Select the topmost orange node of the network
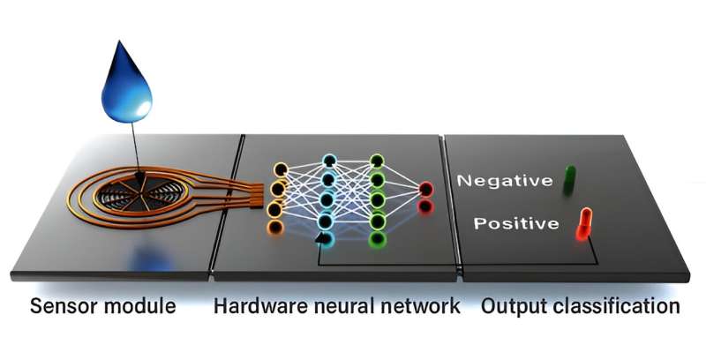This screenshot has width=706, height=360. [x=281, y=168]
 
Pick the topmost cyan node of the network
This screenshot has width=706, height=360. [x=328, y=161]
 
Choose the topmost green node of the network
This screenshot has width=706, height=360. [x=377, y=161]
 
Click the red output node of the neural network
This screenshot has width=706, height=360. [x=426, y=188]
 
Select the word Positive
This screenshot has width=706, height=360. [x=516, y=223]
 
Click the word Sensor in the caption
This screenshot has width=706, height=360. [x=63, y=307]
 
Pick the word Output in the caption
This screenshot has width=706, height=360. [x=511, y=307]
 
